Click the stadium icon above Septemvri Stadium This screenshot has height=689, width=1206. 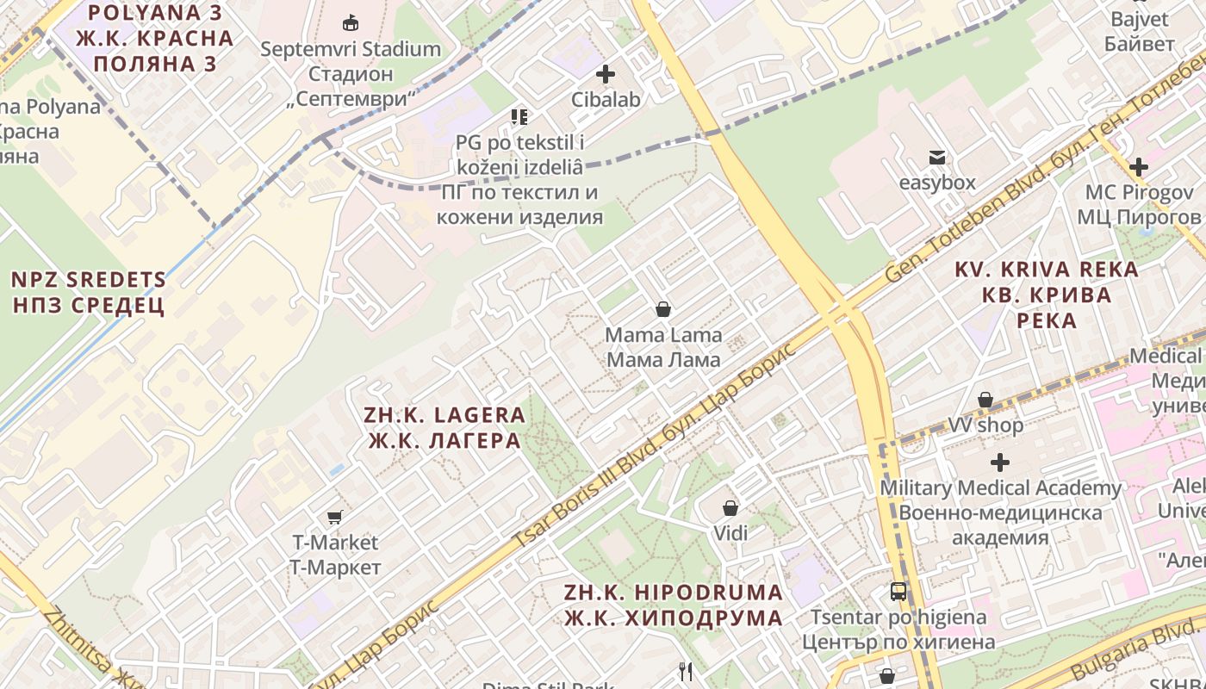pos(350,22)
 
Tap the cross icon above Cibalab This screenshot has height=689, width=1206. pos(606,74)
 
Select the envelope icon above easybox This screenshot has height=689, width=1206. pos(936,157)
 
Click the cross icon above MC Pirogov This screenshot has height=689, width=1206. pos(1139,166)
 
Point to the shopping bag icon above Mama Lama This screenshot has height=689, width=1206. pos(663,308)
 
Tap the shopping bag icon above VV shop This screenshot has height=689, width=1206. pos(985,400)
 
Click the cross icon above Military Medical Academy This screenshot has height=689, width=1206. pos(999,462)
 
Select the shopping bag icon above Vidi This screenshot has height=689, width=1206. pos(730,508)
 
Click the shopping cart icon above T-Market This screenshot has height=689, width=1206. pos(334,517)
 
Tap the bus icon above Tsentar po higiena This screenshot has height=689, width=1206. pos(898,592)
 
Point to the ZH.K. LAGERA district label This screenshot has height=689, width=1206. pos(444,427)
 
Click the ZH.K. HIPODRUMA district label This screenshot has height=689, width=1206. pos(674,605)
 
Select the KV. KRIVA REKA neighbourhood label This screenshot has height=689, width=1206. pos(1046,295)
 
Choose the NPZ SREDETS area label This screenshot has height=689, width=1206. pos(88,292)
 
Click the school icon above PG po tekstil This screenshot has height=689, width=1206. pos(519,116)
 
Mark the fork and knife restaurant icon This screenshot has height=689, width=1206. pos(686,672)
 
